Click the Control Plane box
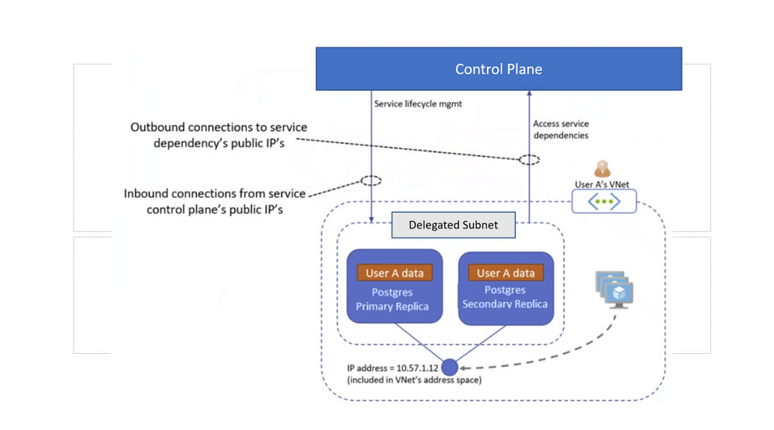pyautogui.click(x=498, y=69)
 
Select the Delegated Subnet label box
pyautogui.click(x=453, y=225)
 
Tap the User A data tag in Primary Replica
pyautogui.click(x=395, y=273)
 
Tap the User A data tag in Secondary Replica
pyautogui.click(x=506, y=273)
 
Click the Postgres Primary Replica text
pyautogui.click(x=392, y=300)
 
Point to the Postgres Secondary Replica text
pyautogui.click(x=505, y=297)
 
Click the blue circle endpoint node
pyautogui.click(x=450, y=366)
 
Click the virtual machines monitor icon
pyautogui.click(x=616, y=290)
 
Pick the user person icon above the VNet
pyautogui.click(x=602, y=169)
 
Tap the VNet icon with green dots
pyautogui.click(x=604, y=202)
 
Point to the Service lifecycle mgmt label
pyautogui.click(x=418, y=103)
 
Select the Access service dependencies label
pyautogui.click(x=561, y=130)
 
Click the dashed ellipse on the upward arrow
pyautogui.click(x=529, y=160)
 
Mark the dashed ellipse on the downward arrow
pyautogui.click(x=371, y=181)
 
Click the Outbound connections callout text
pyautogui.click(x=219, y=135)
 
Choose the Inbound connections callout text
pyautogui.click(x=215, y=201)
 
